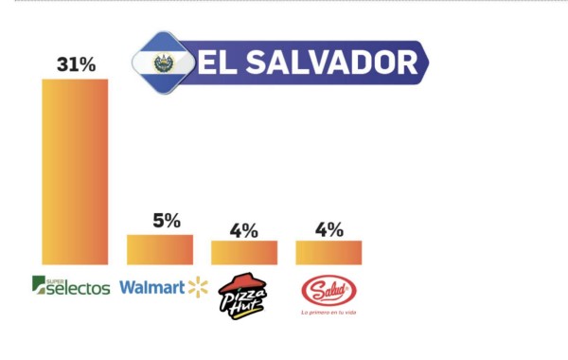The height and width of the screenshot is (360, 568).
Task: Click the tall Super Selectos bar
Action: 75,171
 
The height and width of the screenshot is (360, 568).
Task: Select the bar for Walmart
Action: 160,249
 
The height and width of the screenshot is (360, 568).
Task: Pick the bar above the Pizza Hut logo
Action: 244,252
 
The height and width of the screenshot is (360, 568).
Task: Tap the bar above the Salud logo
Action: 328,252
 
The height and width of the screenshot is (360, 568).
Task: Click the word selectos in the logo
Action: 80,288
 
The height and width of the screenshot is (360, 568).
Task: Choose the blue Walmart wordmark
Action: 151,286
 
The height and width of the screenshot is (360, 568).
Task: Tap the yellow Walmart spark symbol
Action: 197,286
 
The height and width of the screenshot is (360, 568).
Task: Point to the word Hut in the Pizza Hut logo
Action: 248,299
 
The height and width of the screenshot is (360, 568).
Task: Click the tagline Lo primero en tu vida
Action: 328,312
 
